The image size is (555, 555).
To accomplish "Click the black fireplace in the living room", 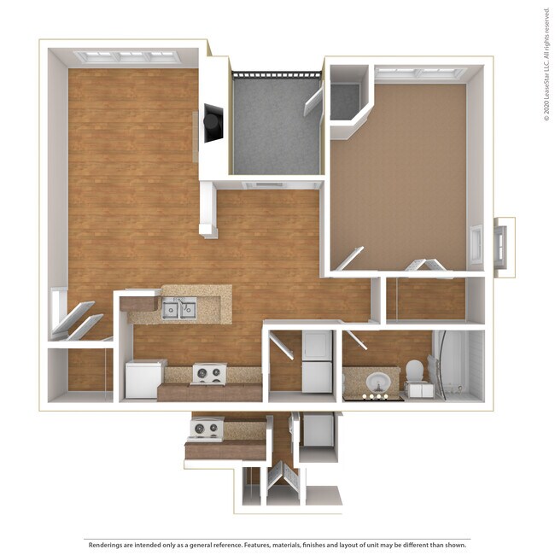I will pyautogui.click(x=212, y=125).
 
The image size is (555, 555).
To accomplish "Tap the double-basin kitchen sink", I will pyautogui.click(x=179, y=309).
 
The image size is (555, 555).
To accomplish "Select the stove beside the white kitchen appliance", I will pyautogui.click(x=208, y=374).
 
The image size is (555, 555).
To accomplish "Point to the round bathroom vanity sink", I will pyautogui.click(x=377, y=382).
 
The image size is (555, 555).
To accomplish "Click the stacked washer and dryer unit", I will pyautogui.click(x=317, y=361).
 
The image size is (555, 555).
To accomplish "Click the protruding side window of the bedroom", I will pyautogui.click(x=502, y=246).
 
